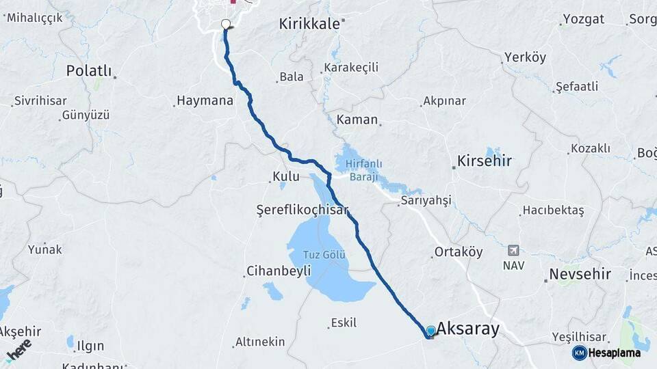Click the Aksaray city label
click(468, 329)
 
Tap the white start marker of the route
click(226, 25)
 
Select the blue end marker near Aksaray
click(430, 331)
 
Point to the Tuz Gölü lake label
click(324, 255)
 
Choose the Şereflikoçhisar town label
click(302, 209)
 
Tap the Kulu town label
click(286, 176)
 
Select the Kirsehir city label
click(485, 161)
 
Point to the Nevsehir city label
click(578, 275)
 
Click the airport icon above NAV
click(513, 250)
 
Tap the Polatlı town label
click(89, 70)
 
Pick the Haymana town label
click(205, 100)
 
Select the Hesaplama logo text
click(614, 353)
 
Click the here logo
click(19, 350)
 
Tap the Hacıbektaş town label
click(553, 210)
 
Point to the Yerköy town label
click(525, 57)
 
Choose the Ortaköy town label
click(459, 252)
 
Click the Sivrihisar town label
click(41, 100)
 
